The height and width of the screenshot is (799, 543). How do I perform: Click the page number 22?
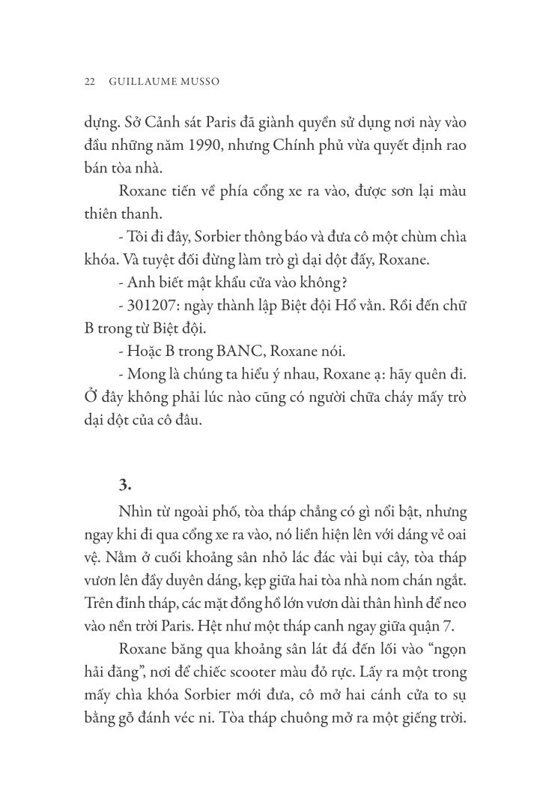pyautogui.click(x=89, y=81)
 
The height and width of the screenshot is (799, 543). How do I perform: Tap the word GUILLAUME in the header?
pyautogui.click(x=142, y=81)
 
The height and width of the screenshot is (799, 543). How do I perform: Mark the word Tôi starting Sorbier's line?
pyautogui.click(x=139, y=237)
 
